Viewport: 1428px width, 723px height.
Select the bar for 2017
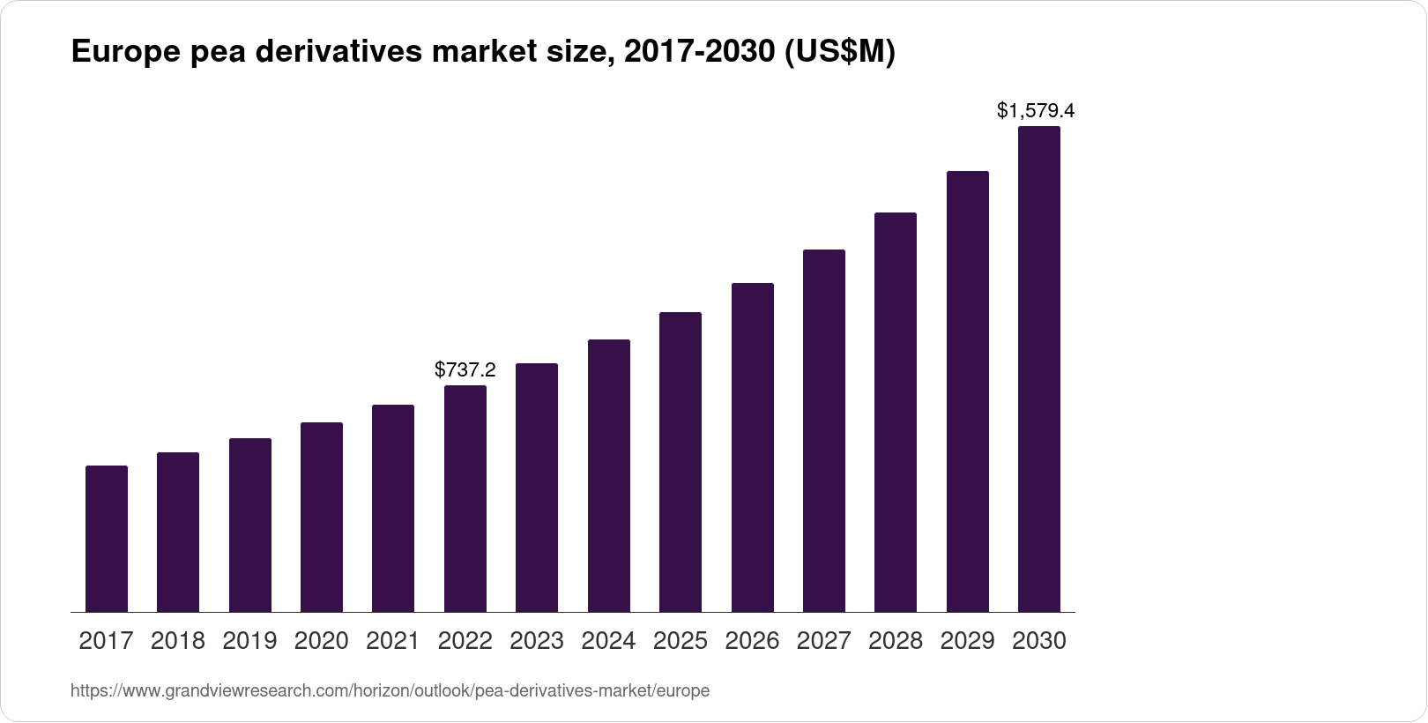pos(107,539)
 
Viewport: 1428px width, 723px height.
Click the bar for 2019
pos(250,525)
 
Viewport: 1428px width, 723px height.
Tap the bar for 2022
pos(465,499)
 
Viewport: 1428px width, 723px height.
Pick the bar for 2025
pos(681,462)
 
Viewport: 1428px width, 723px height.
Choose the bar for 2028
pos(896,413)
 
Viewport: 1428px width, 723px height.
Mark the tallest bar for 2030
pos(1039,369)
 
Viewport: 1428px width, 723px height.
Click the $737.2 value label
pos(465,370)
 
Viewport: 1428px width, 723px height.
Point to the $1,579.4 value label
pos(1036,111)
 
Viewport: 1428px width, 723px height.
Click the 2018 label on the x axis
pos(178,641)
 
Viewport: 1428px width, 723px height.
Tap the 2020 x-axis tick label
pos(322,641)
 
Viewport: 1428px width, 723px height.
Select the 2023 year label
pos(537,641)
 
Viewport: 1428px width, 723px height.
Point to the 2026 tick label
pos(752,641)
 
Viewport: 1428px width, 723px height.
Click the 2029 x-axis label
pos(967,641)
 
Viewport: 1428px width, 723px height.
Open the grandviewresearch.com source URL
pos(390,691)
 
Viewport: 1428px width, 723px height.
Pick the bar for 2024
pos(609,476)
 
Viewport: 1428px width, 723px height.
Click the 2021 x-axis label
pos(393,641)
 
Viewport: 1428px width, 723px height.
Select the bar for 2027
pos(824,431)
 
